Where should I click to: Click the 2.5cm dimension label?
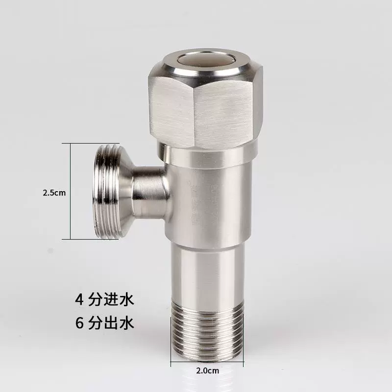54,192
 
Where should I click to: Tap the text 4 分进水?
104,299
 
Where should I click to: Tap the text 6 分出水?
104,323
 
